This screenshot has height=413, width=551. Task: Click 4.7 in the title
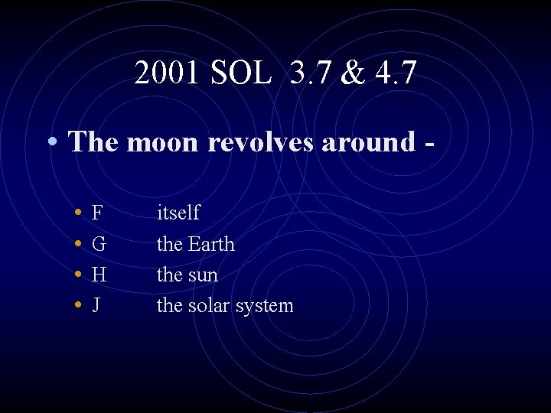398,73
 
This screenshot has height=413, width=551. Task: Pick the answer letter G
99,245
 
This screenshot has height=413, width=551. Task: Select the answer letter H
99,275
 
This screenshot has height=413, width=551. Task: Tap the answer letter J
96,306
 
